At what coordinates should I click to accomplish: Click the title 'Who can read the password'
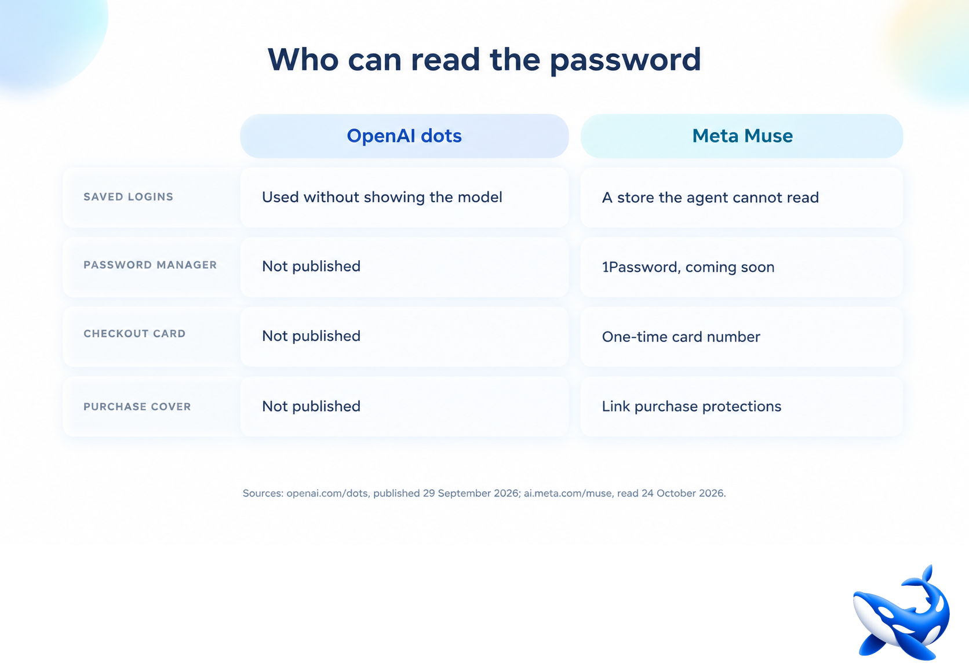click(x=484, y=59)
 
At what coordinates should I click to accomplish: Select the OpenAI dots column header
click(x=404, y=136)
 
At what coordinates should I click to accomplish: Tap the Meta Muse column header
click(x=742, y=136)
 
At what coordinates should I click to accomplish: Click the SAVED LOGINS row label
click(x=128, y=197)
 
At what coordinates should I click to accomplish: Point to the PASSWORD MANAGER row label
click(x=150, y=265)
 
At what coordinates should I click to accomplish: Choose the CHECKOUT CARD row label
click(x=134, y=334)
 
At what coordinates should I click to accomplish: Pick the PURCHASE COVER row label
click(x=137, y=407)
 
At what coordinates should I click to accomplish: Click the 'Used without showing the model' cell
click(x=382, y=197)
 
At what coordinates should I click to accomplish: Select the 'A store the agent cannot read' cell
click(x=711, y=198)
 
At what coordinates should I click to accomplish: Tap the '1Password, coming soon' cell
click(x=688, y=267)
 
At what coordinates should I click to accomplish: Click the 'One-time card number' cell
click(x=681, y=337)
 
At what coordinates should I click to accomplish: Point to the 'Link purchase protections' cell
click(x=691, y=406)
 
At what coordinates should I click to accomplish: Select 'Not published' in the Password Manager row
click(x=311, y=266)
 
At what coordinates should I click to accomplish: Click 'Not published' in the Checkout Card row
click(x=311, y=336)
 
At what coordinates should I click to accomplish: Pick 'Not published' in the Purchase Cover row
click(x=311, y=406)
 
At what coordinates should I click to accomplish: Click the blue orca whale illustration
click(x=901, y=613)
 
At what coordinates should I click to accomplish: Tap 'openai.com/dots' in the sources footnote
click(x=327, y=493)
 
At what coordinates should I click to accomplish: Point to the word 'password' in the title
click(x=625, y=61)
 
